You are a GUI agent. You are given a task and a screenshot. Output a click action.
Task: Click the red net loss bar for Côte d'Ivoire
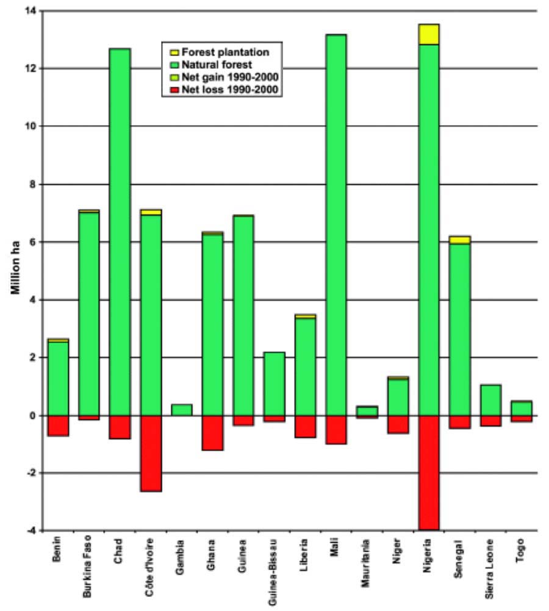[151, 453]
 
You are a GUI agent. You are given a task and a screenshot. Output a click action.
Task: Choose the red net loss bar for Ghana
[212, 432]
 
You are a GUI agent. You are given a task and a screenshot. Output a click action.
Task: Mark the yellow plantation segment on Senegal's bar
[459, 240]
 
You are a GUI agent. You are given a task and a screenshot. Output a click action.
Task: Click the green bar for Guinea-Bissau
[274, 384]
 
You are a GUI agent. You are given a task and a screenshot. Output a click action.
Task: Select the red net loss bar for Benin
[58, 425]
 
